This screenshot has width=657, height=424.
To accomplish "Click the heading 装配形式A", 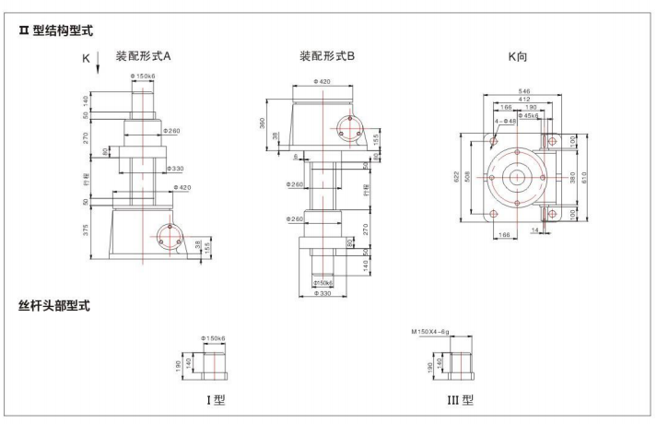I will click(x=143, y=56).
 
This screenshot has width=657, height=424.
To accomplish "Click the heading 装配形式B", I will click(x=327, y=56).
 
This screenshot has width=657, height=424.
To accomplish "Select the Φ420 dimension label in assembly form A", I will click(x=182, y=187).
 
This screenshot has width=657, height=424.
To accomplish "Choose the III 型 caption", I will click(x=461, y=400).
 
